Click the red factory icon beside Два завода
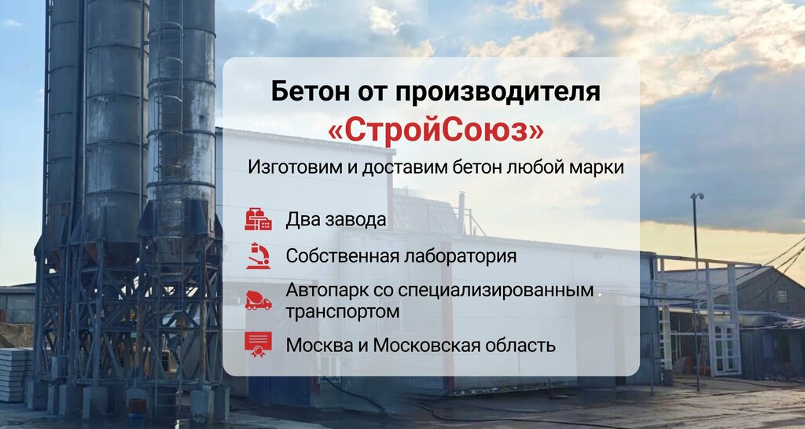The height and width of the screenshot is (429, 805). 258,219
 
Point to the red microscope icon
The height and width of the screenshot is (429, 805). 258,256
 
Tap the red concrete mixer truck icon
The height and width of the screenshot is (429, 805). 258,301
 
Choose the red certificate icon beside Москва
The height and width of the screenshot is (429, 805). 258,344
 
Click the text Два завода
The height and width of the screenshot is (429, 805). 336,219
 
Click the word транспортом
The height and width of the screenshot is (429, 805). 342,311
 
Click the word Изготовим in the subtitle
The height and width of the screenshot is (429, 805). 288,168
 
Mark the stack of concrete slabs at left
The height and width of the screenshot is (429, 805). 14,373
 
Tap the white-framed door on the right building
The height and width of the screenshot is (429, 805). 724,346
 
